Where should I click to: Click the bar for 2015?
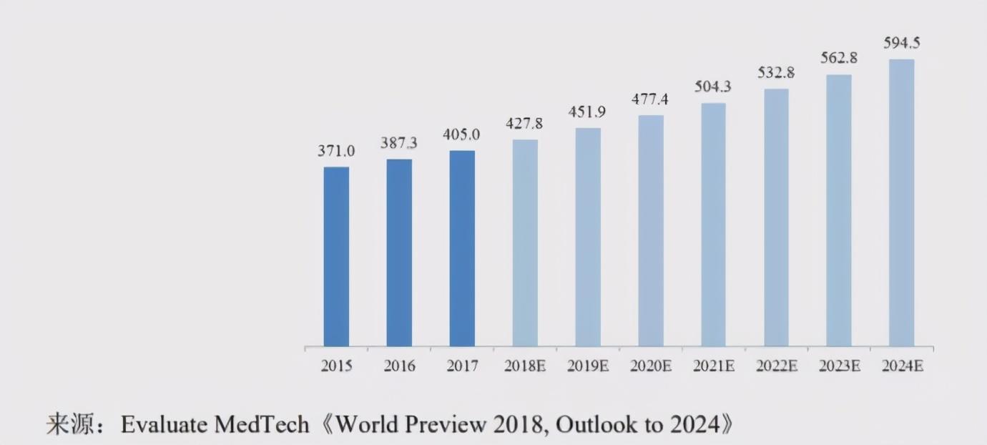coord(336,257)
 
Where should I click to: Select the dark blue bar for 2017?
coord(462,248)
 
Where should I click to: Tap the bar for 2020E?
coord(651,230)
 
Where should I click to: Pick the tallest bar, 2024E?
coord(901,202)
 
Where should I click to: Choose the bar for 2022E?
coord(776,217)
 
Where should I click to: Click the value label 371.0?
coord(336,152)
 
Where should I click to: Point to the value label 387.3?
coord(399,144)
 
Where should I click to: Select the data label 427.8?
coord(525,124)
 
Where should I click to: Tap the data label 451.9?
coord(588,112)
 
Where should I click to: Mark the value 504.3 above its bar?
coord(713,87)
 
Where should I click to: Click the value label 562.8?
coord(839,59)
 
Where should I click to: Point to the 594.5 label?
coord(901,43)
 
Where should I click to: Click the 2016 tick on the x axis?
coord(399,366)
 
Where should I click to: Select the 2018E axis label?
coord(525,366)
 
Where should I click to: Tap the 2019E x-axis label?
coord(588,366)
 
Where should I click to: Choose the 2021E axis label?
coord(713,366)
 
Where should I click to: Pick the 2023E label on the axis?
coord(839,366)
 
